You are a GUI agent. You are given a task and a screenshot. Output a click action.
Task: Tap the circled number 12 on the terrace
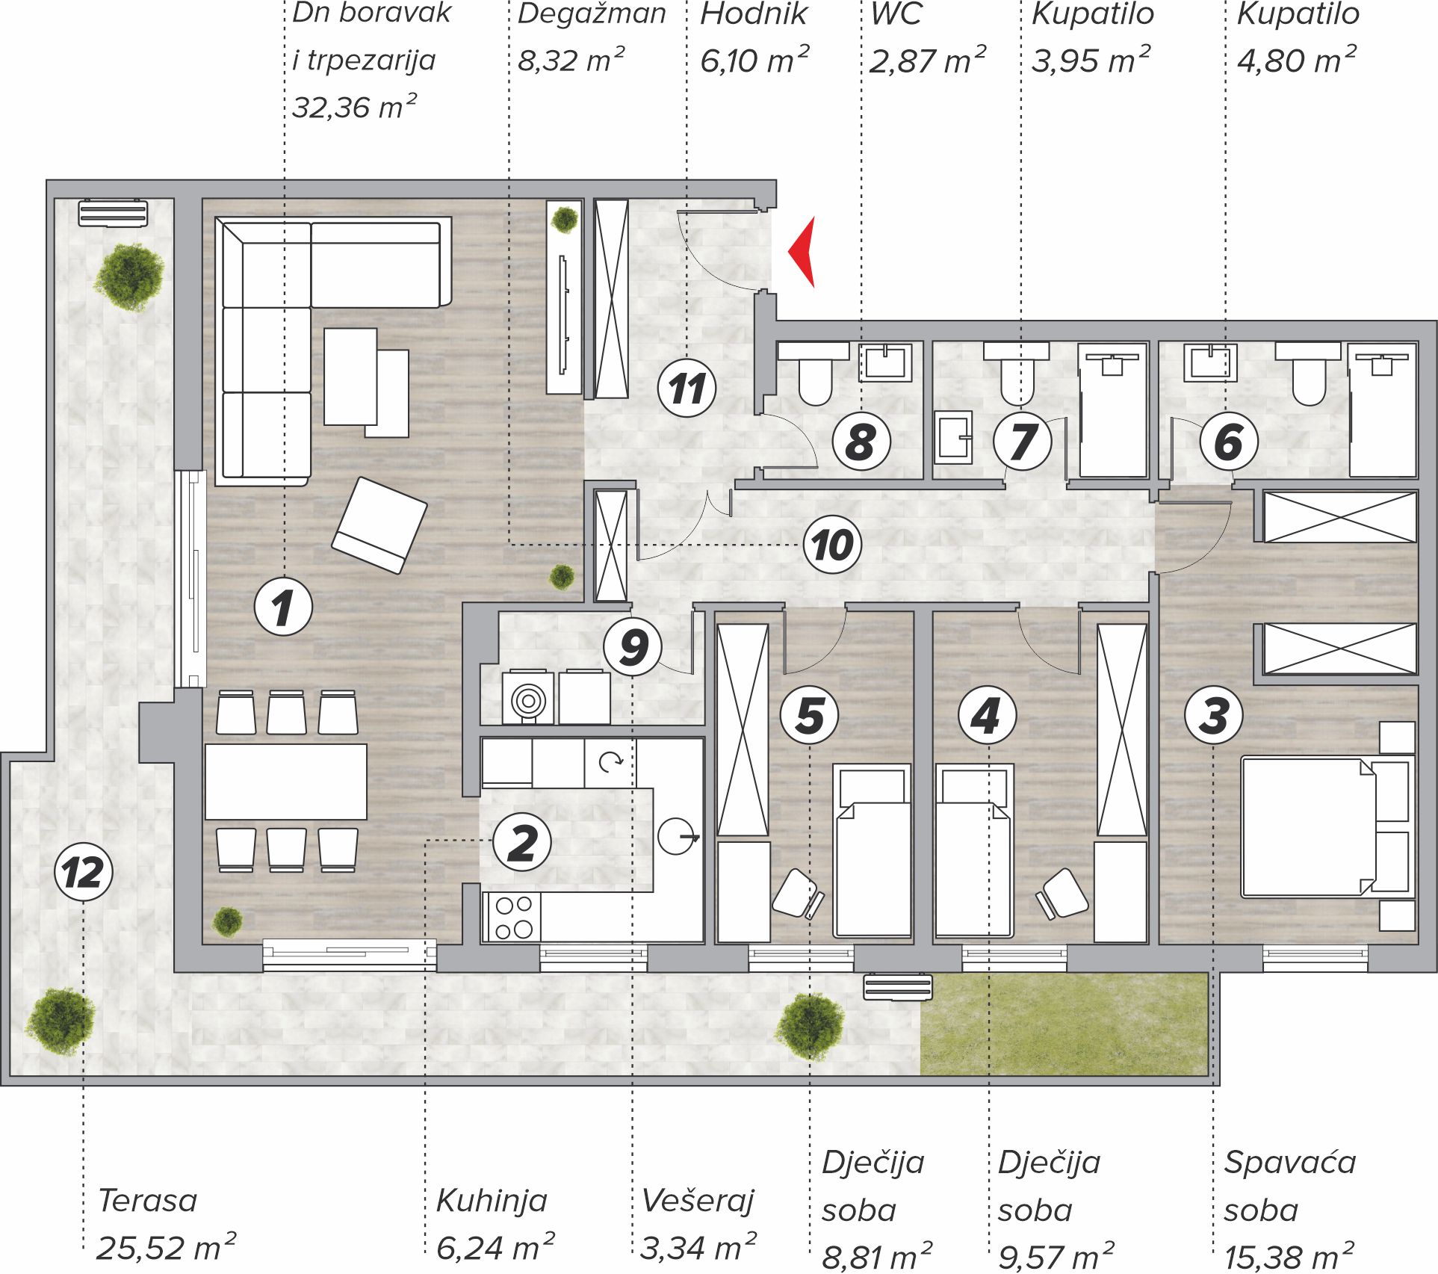click(x=84, y=872)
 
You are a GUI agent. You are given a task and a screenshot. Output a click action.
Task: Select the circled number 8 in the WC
click(x=861, y=442)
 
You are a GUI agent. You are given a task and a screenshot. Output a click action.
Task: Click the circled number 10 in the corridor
click(x=832, y=545)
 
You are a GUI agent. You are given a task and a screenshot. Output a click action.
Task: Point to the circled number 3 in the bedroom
click(x=1214, y=715)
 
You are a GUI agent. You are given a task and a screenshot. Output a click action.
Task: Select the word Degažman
click(x=592, y=14)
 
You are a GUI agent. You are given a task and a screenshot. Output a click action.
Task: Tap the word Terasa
click(x=148, y=1201)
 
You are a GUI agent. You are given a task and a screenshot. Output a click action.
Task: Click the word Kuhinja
click(x=492, y=1201)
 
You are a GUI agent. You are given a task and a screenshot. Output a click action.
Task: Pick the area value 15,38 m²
click(x=1289, y=1258)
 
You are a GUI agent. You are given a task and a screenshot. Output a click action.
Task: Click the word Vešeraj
click(x=698, y=1201)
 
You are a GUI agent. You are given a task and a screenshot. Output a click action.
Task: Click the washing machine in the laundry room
click(x=528, y=698)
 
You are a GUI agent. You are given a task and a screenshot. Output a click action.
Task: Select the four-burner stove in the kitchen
click(x=514, y=918)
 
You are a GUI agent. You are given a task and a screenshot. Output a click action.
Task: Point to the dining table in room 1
click(x=286, y=782)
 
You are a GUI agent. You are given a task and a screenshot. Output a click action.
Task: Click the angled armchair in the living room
click(x=379, y=525)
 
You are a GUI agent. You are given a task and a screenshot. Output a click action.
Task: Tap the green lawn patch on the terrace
click(x=1064, y=1024)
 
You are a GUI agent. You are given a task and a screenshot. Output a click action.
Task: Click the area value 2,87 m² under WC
click(x=927, y=61)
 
